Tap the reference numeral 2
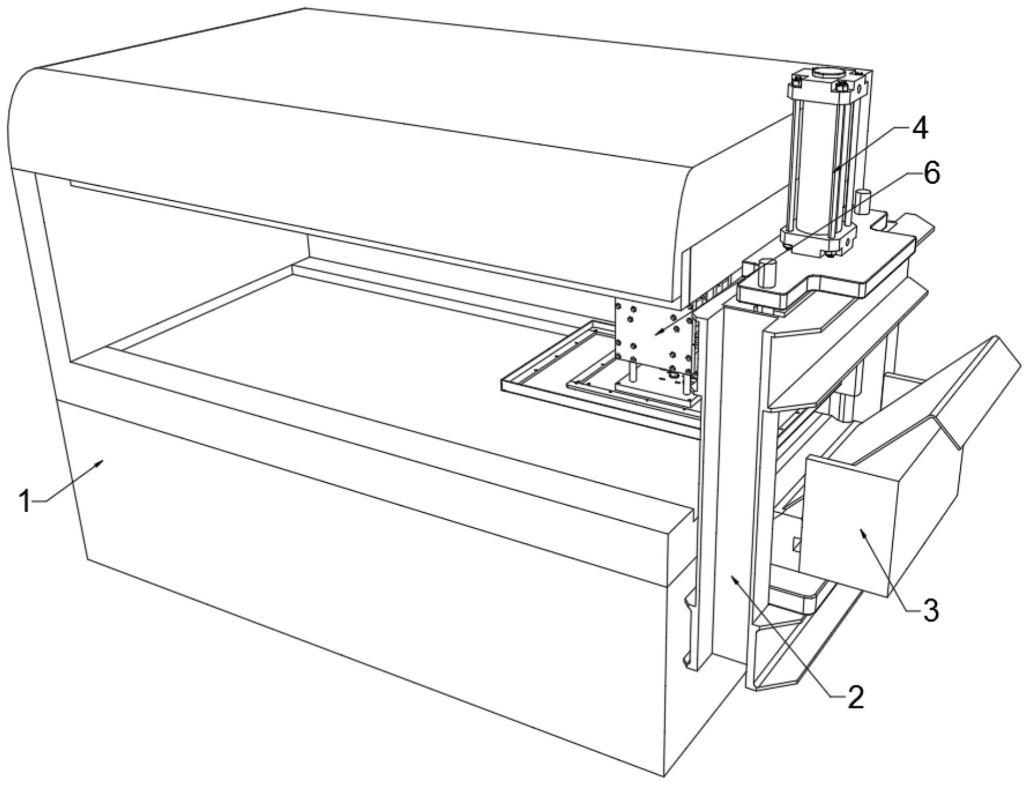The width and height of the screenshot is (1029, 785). (855, 697)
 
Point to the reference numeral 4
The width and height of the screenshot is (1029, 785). (920, 129)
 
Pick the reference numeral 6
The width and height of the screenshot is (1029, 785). (931, 173)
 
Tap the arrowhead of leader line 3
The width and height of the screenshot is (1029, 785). (862, 530)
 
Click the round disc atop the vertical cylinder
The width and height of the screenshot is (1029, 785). (828, 71)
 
